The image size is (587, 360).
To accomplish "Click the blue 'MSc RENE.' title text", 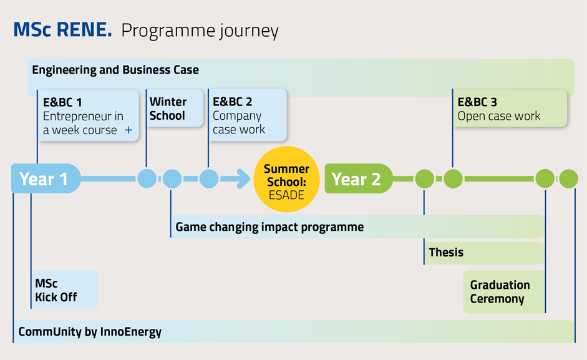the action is [62, 29].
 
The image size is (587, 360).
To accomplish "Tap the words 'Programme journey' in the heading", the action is [200, 31].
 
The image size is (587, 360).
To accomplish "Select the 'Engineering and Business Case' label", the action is [115, 70].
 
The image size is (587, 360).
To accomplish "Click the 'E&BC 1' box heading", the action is [62, 102].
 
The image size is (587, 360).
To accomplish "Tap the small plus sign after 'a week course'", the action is [129, 130].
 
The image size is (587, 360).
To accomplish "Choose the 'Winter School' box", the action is [175, 109].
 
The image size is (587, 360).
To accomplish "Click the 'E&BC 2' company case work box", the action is [248, 115].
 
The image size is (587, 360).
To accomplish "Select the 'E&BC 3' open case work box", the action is [510, 109].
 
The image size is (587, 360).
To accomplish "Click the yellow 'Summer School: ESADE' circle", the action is [287, 179].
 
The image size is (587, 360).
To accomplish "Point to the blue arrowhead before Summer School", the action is [244, 178].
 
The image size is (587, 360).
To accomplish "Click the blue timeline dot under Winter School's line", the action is [147, 178].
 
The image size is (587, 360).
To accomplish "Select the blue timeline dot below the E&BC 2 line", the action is [209, 178].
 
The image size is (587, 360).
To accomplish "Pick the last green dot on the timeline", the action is [569, 178].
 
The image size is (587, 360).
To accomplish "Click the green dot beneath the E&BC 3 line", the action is [453, 178].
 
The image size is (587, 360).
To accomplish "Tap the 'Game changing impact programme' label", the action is [269, 227].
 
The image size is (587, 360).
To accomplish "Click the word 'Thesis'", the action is [446, 253].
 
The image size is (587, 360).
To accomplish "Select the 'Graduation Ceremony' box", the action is [504, 292].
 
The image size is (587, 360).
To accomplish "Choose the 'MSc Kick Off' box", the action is [65, 289].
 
